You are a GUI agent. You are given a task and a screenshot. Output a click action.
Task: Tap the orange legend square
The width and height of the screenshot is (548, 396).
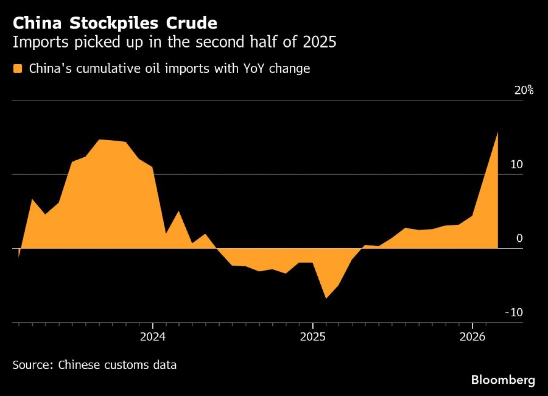pos(18,69)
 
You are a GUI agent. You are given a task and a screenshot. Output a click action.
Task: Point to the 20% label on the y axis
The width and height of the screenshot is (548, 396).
pos(524,91)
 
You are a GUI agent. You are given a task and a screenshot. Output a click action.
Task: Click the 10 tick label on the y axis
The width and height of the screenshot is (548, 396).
pos(517,164)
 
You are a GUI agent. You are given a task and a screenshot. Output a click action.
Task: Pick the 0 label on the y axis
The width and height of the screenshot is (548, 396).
pos(519,238)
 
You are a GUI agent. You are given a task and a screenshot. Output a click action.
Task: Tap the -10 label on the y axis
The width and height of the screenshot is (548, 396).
pos(515,313)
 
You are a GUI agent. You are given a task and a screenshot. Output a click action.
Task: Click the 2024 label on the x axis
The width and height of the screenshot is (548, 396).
pos(152,336)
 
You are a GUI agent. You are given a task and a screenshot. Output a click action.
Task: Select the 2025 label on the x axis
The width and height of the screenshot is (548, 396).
pos(312,336)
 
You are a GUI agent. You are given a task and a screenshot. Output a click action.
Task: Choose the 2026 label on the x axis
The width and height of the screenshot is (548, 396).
pos(472,336)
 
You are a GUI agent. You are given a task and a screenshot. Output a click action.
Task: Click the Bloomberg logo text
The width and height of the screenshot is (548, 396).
pos(503,380)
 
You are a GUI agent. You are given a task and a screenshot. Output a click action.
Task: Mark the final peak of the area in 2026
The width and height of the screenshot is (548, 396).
pos(498,132)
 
